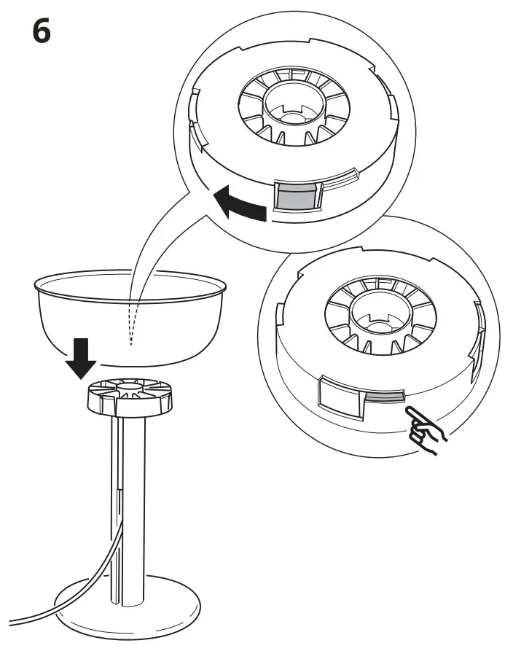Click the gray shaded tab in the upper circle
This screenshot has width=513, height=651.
click(x=295, y=197)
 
